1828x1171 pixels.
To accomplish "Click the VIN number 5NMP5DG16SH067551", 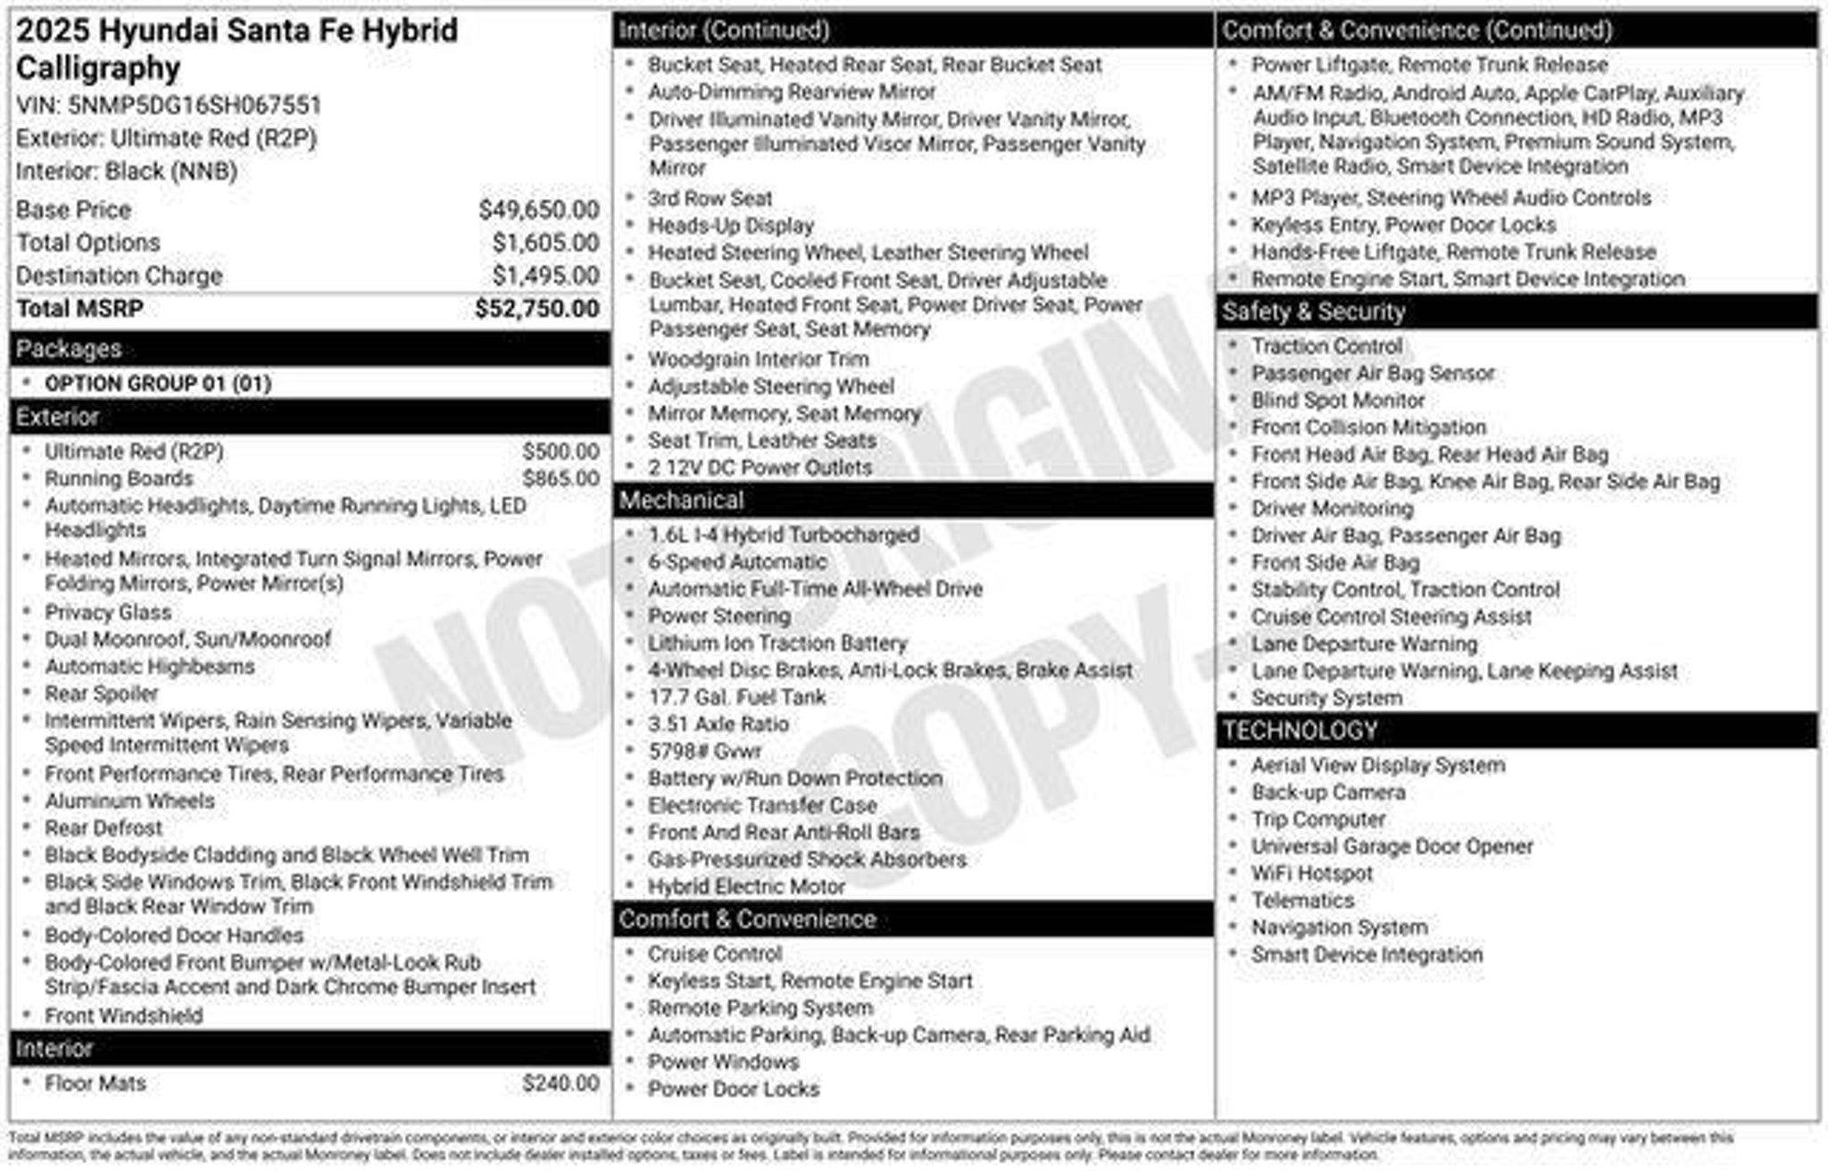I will pyautogui.click(x=194, y=105).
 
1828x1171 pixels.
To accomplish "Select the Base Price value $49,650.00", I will pyautogui.click(x=538, y=210).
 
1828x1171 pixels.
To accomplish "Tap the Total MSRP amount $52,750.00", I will pyautogui.click(x=536, y=309).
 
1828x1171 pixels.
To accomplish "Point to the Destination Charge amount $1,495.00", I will pyautogui.click(x=545, y=276).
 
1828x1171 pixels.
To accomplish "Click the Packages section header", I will pyautogui.click(x=69, y=349).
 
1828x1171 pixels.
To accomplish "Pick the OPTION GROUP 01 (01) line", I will pyautogui.click(x=158, y=384).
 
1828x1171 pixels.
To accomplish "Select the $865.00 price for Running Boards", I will pyautogui.click(x=561, y=478).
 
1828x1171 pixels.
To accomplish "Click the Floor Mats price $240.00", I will pyautogui.click(x=561, y=1084).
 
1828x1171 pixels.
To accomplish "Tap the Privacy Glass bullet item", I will pyautogui.click(x=108, y=612).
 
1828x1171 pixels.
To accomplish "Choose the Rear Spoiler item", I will pyautogui.click(x=101, y=693).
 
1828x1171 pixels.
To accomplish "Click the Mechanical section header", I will pyautogui.click(x=681, y=501).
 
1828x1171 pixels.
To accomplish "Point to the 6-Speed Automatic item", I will pyautogui.click(x=737, y=562).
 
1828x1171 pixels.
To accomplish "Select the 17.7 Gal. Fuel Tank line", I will pyautogui.click(x=736, y=697).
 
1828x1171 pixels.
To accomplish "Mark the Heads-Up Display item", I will pyautogui.click(x=731, y=226).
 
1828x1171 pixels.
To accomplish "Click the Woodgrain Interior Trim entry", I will pyautogui.click(x=758, y=360).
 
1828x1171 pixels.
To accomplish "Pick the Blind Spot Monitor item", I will pyautogui.click(x=1337, y=401).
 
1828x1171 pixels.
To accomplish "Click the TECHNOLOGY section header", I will pyautogui.click(x=1300, y=731).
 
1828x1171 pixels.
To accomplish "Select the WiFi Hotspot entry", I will pyautogui.click(x=1311, y=874).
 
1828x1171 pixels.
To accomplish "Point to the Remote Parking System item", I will pyautogui.click(x=760, y=1009).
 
